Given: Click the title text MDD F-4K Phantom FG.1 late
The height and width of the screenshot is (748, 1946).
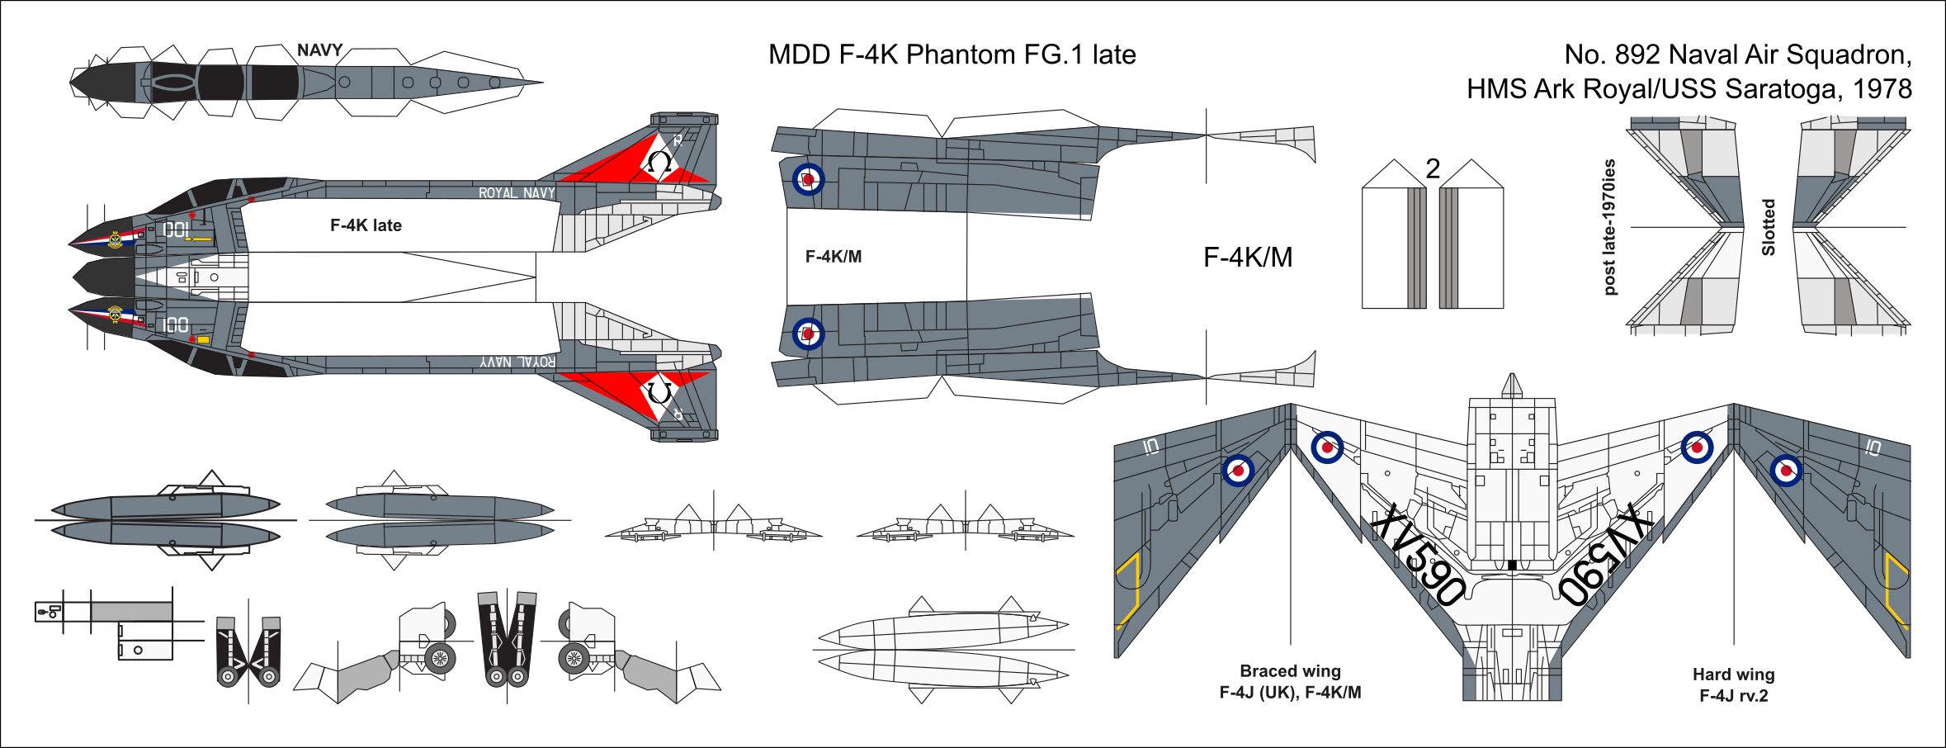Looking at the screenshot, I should (952, 54).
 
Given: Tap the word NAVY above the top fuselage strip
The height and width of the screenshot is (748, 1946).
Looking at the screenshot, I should (319, 50).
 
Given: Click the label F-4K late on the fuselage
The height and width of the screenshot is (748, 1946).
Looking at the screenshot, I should (366, 225).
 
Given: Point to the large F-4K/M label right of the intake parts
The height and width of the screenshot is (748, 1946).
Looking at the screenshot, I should (1247, 257).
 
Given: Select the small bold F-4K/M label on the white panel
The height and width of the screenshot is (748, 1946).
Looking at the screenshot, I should (833, 257).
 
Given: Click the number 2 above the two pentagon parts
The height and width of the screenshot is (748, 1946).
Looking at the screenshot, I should (1433, 168).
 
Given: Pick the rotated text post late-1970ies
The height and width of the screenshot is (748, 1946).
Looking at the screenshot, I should (1608, 227).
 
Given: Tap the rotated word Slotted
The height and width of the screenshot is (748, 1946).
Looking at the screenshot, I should (1768, 227).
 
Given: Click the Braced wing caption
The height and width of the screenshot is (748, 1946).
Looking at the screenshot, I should (1290, 671).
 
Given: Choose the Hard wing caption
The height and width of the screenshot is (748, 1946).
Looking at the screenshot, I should (1733, 675).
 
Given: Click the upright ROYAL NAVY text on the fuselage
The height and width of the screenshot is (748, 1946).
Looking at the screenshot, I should (517, 193).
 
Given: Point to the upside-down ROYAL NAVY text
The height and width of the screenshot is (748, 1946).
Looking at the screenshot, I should (517, 362).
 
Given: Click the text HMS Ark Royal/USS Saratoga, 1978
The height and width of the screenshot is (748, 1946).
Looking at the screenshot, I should (1689, 89).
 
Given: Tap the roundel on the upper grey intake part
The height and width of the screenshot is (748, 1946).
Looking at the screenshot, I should (808, 179).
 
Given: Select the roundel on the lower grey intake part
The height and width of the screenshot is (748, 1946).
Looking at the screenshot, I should (808, 334).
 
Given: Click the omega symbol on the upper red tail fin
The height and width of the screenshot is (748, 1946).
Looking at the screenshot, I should (659, 162).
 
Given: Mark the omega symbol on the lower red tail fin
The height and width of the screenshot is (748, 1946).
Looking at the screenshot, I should (659, 391).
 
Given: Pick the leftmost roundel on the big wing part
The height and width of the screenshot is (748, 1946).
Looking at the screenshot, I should (1238, 471).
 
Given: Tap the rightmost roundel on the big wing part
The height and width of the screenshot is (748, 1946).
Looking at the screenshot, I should (1786, 471).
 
